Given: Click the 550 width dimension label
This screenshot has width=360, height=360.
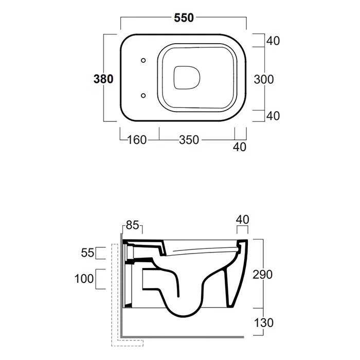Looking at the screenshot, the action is tap(184, 18).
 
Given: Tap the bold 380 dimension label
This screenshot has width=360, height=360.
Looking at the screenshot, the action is tap(103, 79).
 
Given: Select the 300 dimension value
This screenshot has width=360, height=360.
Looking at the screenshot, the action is tap(264, 79).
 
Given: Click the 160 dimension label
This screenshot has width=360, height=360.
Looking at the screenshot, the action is tap(137, 140).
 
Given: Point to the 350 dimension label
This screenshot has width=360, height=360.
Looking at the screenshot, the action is tap(189, 140).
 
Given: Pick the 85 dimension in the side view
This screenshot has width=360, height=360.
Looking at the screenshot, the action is tap(133, 225).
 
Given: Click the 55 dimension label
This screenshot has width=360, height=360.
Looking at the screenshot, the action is tap(87, 253).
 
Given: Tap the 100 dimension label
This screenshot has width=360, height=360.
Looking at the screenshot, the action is tap(84, 279).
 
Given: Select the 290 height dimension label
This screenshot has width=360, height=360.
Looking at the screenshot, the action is tap(262, 274).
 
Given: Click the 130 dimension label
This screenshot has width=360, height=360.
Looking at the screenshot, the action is tap(263, 322).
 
